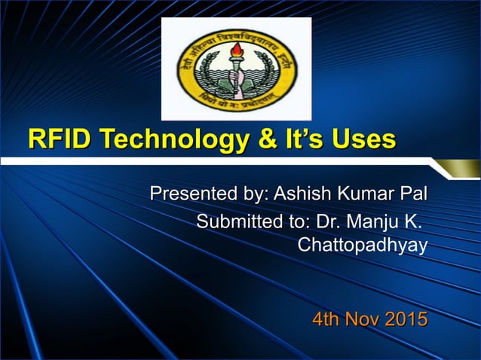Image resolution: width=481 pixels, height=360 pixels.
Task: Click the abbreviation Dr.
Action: pyautogui.click(x=326, y=222)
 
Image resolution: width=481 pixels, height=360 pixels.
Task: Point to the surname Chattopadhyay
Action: pyautogui.click(x=363, y=246)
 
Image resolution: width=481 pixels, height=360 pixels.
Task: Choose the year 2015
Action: pyautogui.click(x=408, y=319)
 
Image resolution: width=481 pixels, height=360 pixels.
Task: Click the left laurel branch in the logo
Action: pyautogui.click(x=204, y=76)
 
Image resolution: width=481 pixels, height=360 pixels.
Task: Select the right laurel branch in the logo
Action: pyautogui.click(x=267, y=76)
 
